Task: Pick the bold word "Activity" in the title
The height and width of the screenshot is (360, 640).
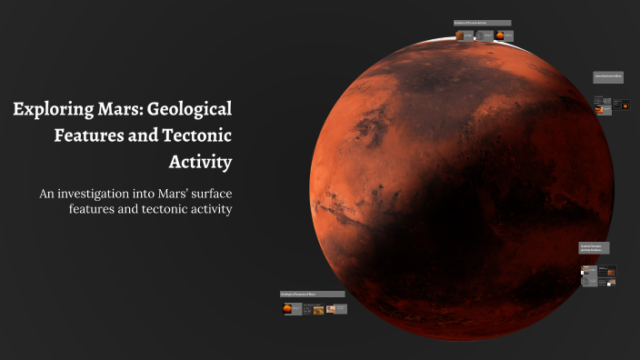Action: point(201,164)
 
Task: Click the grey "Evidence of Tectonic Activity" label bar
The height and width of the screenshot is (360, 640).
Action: point(482,23)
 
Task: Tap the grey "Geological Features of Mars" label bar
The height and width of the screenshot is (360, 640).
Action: point(312,295)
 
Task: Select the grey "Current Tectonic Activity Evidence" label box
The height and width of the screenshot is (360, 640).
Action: point(595,247)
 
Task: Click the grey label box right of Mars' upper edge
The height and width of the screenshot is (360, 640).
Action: point(607,76)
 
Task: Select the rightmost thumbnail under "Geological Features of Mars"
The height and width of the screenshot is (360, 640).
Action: point(335,309)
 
